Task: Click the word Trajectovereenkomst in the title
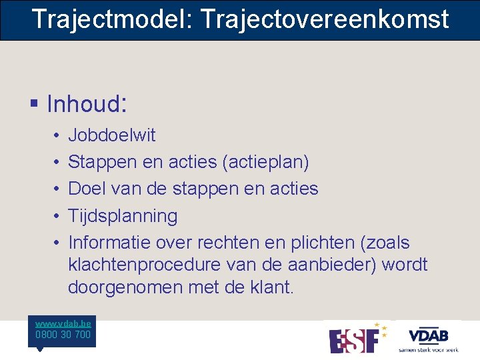pos(325,19)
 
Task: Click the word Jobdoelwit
pos(112,135)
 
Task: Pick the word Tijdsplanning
pos(123,216)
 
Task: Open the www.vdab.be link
pos(63,323)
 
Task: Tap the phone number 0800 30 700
pos(63,335)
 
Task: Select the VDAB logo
pos(428,337)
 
